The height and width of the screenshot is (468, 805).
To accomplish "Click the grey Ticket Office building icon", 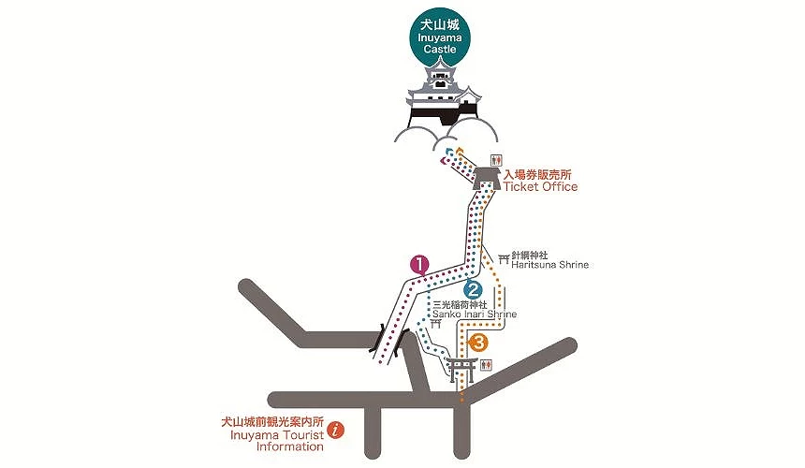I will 486,177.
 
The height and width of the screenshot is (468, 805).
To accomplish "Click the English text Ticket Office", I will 540,186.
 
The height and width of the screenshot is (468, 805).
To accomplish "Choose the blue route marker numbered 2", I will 474,292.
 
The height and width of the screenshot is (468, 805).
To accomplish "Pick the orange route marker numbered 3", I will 479,344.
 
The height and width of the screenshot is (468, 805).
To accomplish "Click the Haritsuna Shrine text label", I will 550,265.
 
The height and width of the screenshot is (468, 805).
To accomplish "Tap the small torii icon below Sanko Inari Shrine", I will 434,324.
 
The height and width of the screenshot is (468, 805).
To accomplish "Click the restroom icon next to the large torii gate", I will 485,367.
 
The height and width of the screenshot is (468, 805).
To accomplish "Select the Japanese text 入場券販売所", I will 542,174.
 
